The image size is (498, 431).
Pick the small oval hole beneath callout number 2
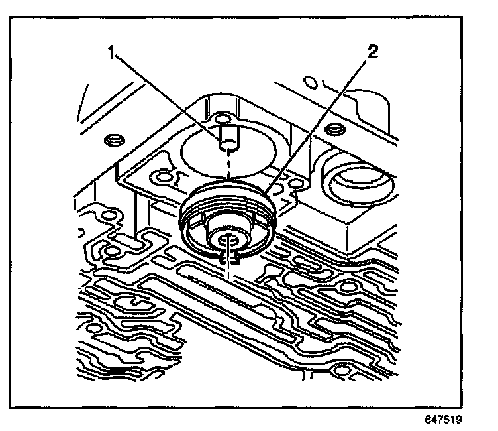[x=309, y=82]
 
